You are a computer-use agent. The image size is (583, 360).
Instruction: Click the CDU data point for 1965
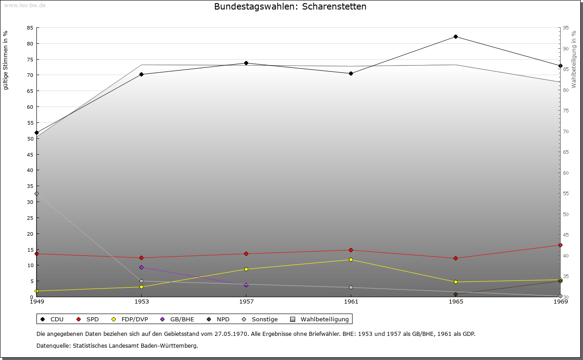point(455,37)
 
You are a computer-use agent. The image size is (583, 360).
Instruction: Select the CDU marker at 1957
point(246,63)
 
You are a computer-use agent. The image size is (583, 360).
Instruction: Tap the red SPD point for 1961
point(351,250)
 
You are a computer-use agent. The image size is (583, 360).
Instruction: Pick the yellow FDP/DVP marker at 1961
point(351,259)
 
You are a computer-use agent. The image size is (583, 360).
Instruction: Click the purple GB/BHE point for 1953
point(141,268)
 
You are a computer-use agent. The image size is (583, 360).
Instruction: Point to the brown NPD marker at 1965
point(455,294)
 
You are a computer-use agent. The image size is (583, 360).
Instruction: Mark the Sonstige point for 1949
point(37,193)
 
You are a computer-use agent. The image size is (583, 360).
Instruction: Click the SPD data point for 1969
point(560,245)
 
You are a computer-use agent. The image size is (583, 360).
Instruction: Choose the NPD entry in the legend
point(218,319)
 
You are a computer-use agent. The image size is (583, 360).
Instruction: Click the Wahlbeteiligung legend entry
point(319,319)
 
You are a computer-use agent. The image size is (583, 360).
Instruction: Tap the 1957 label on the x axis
point(246,301)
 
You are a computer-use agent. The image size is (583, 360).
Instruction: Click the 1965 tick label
point(456,301)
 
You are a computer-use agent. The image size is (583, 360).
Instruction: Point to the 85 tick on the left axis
point(30,28)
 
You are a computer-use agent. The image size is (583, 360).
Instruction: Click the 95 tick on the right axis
point(566,28)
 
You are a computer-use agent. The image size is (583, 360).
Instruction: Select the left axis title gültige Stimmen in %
point(5,61)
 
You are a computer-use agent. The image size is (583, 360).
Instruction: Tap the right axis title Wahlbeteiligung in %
point(573,60)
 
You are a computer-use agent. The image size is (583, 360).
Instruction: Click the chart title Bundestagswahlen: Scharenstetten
point(290,6)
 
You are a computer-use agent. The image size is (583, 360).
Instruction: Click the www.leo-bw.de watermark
point(25,5)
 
